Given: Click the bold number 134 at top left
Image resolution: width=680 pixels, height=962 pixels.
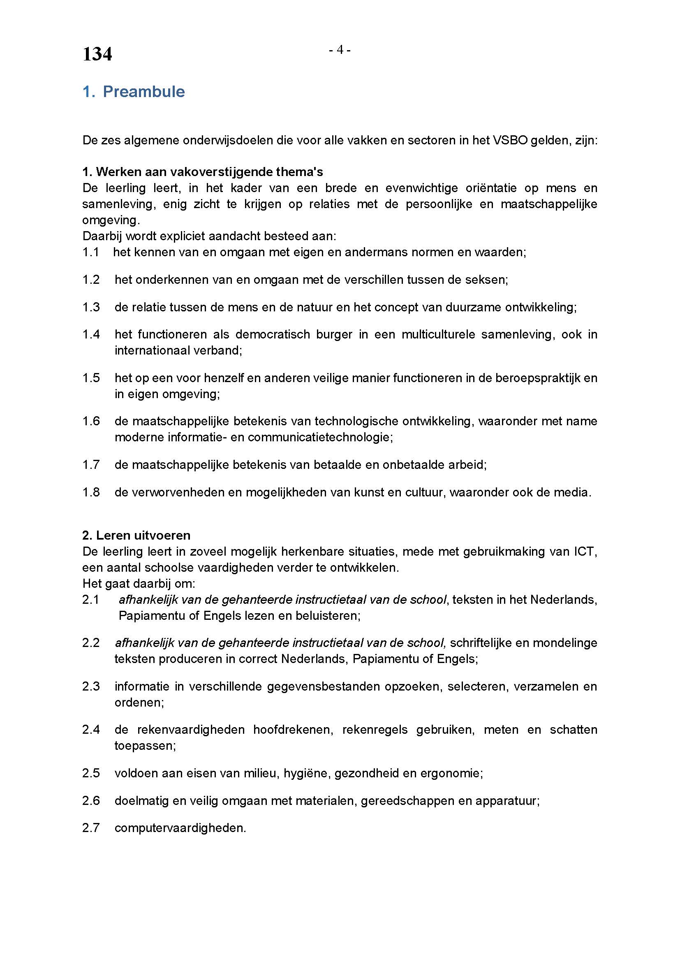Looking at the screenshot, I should pyautogui.click(x=97, y=54).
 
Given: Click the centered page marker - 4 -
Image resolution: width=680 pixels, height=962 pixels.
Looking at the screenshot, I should pyautogui.click(x=340, y=50).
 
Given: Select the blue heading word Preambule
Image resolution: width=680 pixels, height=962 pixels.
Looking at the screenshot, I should pyautogui.click(x=143, y=92).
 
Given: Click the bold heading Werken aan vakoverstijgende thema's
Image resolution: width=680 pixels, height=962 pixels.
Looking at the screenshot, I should pyautogui.click(x=209, y=172).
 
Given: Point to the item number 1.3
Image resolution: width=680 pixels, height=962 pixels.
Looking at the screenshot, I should pyautogui.click(x=91, y=307).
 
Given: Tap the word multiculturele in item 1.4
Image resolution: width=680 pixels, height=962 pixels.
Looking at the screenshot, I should pyautogui.click(x=438, y=334).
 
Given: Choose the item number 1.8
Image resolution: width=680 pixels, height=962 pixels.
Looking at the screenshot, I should pyautogui.click(x=91, y=492).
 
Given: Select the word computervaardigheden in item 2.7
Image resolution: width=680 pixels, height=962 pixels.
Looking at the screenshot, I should pyautogui.click(x=180, y=828).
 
